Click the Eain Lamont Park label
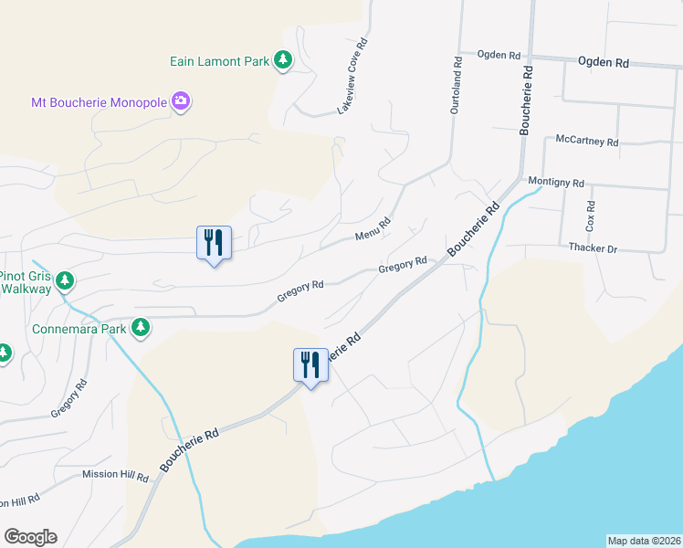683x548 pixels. (219, 61)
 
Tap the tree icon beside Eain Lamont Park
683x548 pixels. (284, 60)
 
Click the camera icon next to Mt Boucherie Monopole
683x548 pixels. (181, 100)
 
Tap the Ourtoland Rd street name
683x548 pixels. (455, 81)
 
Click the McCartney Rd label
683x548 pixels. (587, 142)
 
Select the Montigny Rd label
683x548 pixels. (556, 183)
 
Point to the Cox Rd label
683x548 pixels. (591, 216)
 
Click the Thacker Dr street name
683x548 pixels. (594, 248)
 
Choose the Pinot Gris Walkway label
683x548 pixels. (24, 281)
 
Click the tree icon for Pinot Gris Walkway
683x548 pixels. (64, 279)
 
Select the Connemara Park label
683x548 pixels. (78, 327)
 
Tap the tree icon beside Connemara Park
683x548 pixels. (141, 326)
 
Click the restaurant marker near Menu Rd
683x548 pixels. (214, 243)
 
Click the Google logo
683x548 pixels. (30, 537)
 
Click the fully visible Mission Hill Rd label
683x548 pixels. (115, 475)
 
